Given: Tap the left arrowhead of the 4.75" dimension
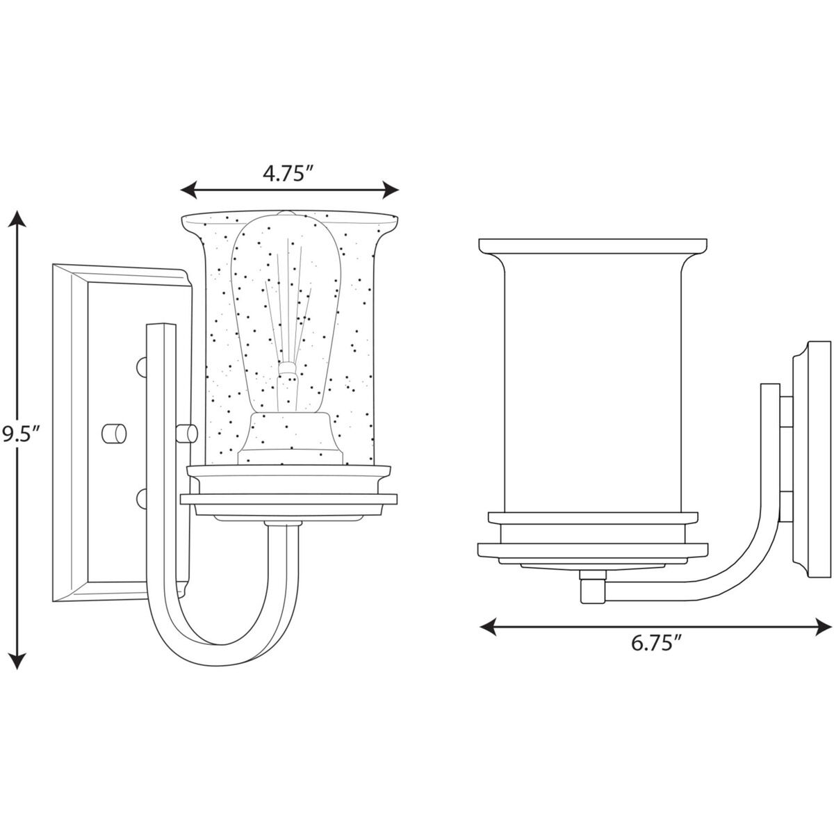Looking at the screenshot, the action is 189,190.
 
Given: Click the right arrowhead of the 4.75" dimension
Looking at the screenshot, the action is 390,190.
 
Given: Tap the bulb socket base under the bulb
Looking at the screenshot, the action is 290,438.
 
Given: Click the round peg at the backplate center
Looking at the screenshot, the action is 114,433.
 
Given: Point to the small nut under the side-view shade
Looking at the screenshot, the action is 593,586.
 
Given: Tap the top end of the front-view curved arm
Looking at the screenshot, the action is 161,325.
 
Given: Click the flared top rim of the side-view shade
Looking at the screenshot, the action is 593,246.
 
